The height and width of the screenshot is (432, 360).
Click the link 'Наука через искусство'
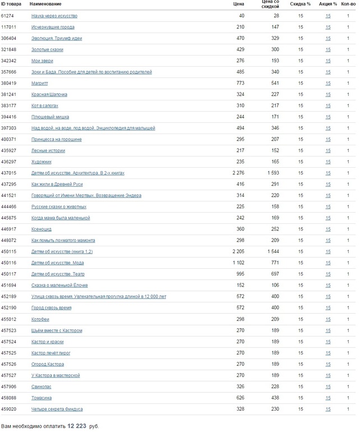click(x=54, y=16)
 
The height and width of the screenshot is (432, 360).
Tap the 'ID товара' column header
click(x=11, y=4)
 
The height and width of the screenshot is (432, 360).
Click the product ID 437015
click(x=8, y=173)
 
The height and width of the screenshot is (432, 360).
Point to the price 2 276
click(x=238, y=173)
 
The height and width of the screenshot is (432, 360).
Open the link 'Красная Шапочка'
click(x=49, y=94)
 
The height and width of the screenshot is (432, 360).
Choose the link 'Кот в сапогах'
click(x=45, y=105)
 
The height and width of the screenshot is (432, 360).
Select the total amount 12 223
click(x=77, y=426)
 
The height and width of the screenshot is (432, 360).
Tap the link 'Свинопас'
click(x=42, y=386)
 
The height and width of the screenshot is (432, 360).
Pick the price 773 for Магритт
click(x=240, y=83)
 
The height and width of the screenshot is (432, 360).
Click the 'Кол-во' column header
click(x=348, y=4)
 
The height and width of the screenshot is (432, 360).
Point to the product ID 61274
click(x=7, y=16)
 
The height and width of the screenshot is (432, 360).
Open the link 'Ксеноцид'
click(x=41, y=229)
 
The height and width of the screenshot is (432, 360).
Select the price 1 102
click(x=238, y=263)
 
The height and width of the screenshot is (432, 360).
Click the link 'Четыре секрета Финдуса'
click(x=57, y=408)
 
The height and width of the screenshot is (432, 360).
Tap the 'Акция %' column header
click(x=328, y=4)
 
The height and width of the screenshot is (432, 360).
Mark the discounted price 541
click(x=275, y=83)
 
